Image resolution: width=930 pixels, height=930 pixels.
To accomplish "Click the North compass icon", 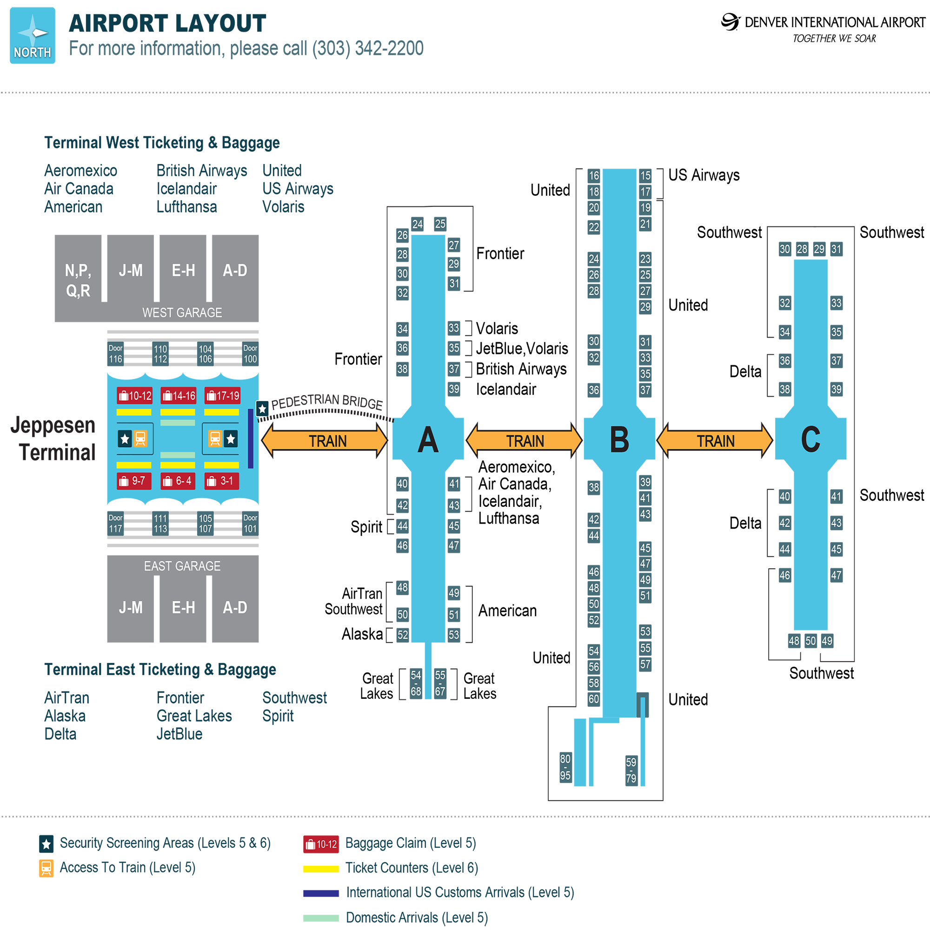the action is click(x=32, y=35).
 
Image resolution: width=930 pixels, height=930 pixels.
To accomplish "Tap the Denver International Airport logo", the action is click(x=730, y=22).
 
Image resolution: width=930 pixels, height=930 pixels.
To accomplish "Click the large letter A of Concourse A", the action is click(x=428, y=440).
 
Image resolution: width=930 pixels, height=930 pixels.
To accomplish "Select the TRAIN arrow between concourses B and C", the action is click(x=715, y=440).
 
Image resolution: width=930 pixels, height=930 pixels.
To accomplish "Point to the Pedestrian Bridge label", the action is click(x=327, y=401).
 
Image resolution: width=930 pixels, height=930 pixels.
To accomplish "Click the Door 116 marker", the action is click(x=115, y=354).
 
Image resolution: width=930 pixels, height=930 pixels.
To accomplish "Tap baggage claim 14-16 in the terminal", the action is click(x=178, y=396).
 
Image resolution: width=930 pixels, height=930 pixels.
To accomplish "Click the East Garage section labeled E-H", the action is click(x=183, y=607).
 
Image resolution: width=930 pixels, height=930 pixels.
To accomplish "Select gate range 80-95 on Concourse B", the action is click(x=565, y=767).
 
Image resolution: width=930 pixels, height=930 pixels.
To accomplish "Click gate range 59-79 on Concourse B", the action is click(x=631, y=770).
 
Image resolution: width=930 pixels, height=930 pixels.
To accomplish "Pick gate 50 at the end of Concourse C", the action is click(x=810, y=641).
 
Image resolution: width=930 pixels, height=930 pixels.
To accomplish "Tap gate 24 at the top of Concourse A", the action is click(x=418, y=224).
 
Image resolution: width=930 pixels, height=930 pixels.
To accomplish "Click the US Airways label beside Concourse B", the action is click(x=704, y=175).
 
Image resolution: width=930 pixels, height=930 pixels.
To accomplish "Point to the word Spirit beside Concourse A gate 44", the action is click(x=366, y=527).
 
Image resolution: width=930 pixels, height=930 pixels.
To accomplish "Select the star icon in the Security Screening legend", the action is click(x=46, y=844).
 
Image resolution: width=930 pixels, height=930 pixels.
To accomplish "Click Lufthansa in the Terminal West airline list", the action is click(x=187, y=207).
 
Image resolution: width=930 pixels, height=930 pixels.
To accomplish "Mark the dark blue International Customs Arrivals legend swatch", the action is click(x=321, y=893).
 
